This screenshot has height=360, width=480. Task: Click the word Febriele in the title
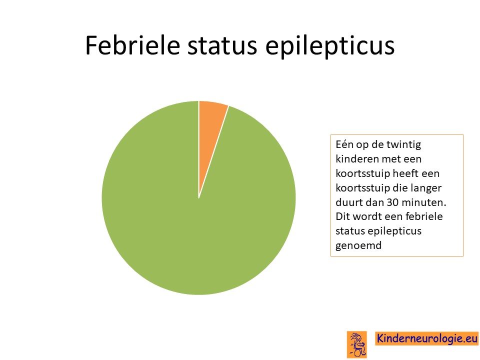(x=132, y=45)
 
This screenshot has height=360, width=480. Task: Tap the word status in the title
(x=222, y=46)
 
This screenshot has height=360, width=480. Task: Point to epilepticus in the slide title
(x=330, y=46)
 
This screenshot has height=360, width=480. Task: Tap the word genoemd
(x=358, y=246)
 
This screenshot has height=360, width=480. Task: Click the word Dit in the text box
(x=342, y=216)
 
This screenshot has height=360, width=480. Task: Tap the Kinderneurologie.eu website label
(x=426, y=338)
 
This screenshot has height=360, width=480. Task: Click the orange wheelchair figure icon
(x=357, y=344)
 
